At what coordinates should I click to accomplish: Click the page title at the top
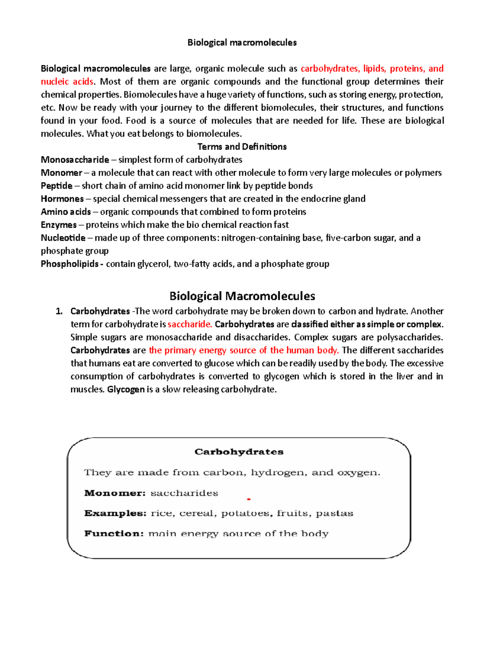242,42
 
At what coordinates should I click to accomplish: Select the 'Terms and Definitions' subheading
242,147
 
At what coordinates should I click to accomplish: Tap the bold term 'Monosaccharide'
75,160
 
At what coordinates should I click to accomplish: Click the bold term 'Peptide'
57,186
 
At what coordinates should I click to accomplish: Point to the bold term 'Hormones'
62,199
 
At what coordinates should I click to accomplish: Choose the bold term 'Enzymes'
59,225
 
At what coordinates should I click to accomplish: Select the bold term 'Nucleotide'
63,238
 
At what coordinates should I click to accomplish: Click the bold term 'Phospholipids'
70,264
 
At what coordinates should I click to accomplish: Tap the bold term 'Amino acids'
66,212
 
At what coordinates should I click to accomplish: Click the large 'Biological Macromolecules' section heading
242,296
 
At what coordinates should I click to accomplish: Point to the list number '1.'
59,311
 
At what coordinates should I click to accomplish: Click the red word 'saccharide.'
190,324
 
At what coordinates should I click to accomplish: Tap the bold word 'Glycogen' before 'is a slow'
126,389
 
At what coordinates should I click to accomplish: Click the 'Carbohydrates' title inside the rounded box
239,452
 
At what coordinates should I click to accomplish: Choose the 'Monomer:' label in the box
115,493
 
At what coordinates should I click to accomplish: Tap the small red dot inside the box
249,499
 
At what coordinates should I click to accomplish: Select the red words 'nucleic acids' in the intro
67,82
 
